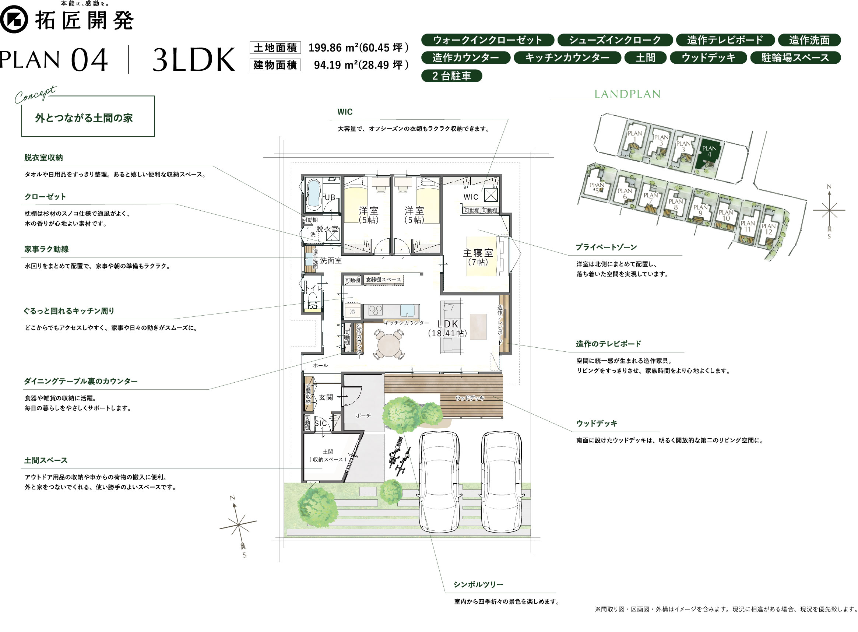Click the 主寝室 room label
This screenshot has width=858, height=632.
(478, 253)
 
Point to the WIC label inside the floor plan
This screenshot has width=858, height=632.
(471, 197)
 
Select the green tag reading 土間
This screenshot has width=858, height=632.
(645, 58)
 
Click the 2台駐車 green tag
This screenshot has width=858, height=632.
(451, 76)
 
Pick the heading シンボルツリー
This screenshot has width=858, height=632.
(478, 584)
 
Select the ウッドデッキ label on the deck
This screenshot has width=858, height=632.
(470, 398)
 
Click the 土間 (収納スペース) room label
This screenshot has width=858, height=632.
(327, 456)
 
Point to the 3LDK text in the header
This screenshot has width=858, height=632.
(194, 60)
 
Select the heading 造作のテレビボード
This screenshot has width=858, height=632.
(608, 344)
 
